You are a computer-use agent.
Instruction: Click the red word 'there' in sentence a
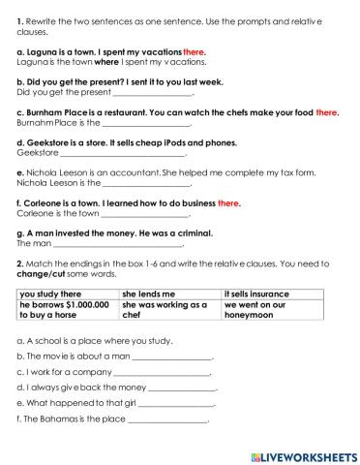tap(196, 51)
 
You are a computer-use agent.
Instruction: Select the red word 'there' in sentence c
tap(327, 113)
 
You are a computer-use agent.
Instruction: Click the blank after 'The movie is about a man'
tap(170, 357)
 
